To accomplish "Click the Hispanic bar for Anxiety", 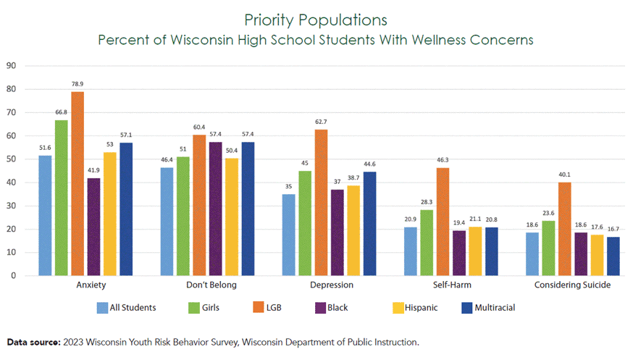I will coord(110,214).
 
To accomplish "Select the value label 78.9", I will coord(77,84).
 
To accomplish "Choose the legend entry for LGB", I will coord(267,308).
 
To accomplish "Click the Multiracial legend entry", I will coord(488,308).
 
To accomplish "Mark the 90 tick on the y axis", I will coord(11,66).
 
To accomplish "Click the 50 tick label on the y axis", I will coord(11,159).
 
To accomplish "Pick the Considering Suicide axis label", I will coord(572,285).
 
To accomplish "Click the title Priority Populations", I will coord(316,19).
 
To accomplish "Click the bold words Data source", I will coord(33,341).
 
